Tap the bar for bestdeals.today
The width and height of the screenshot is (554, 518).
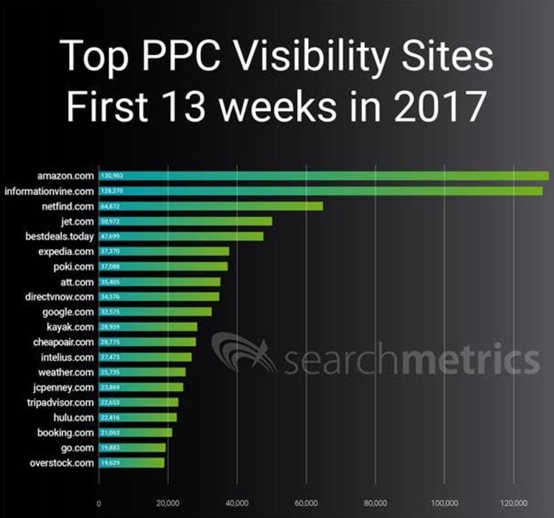point(181,236)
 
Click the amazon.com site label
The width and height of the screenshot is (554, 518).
point(65,176)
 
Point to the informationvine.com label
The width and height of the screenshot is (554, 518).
point(49,191)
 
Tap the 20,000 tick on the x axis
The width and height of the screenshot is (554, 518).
point(168,503)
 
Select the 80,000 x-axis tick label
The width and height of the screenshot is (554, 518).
point(375,503)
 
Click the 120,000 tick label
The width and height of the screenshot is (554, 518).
point(513,503)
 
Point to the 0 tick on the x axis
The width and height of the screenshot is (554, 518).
point(99,503)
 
